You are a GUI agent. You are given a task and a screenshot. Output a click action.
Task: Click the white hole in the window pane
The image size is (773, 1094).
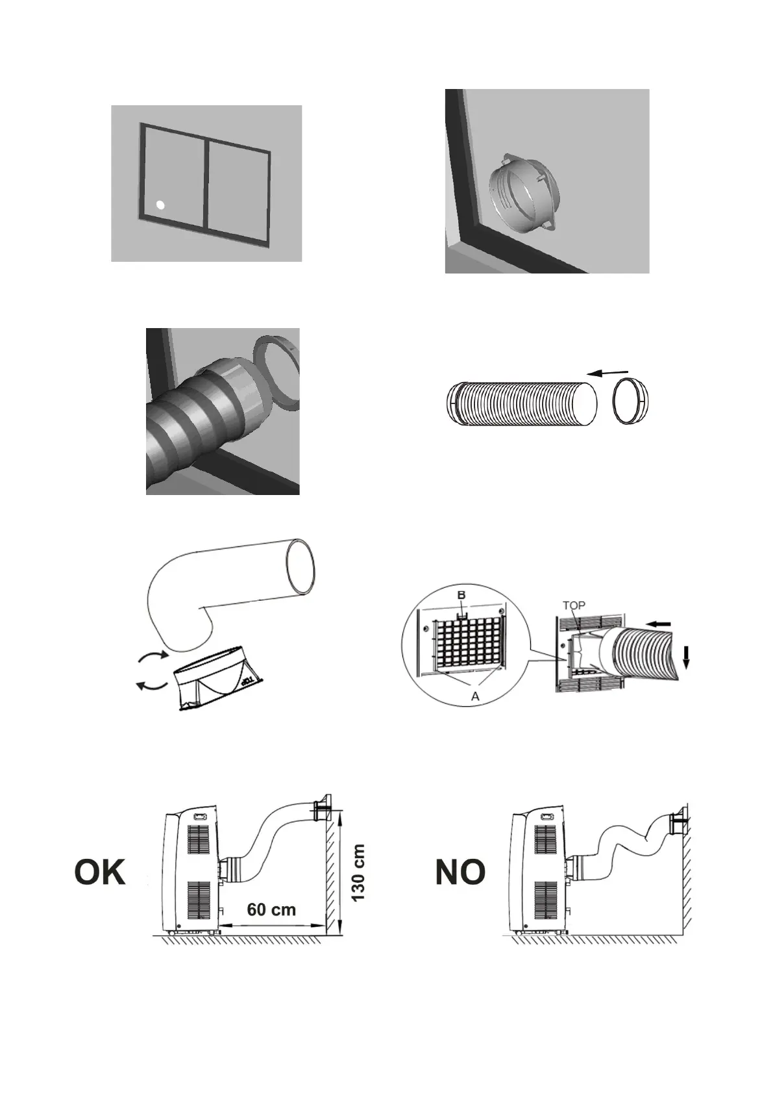tap(160, 205)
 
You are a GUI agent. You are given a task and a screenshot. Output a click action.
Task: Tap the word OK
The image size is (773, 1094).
tap(100, 872)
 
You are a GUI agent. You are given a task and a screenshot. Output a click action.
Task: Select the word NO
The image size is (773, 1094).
tap(460, 872)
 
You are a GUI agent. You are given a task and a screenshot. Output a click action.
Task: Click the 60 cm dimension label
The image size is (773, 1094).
tap(271, 909)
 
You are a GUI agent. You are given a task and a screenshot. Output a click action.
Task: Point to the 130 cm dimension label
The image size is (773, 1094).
tap(358, 872)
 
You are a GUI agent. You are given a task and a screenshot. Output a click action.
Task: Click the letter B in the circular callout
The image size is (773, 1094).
tap(461, 594)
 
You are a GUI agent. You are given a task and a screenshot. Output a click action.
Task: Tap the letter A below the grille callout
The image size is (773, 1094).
tap(475, 696)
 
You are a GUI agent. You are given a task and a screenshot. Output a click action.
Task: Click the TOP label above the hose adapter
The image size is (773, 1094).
tap(574, 605)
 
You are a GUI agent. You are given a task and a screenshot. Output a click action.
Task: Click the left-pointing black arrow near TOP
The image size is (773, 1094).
tap(661, 624)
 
